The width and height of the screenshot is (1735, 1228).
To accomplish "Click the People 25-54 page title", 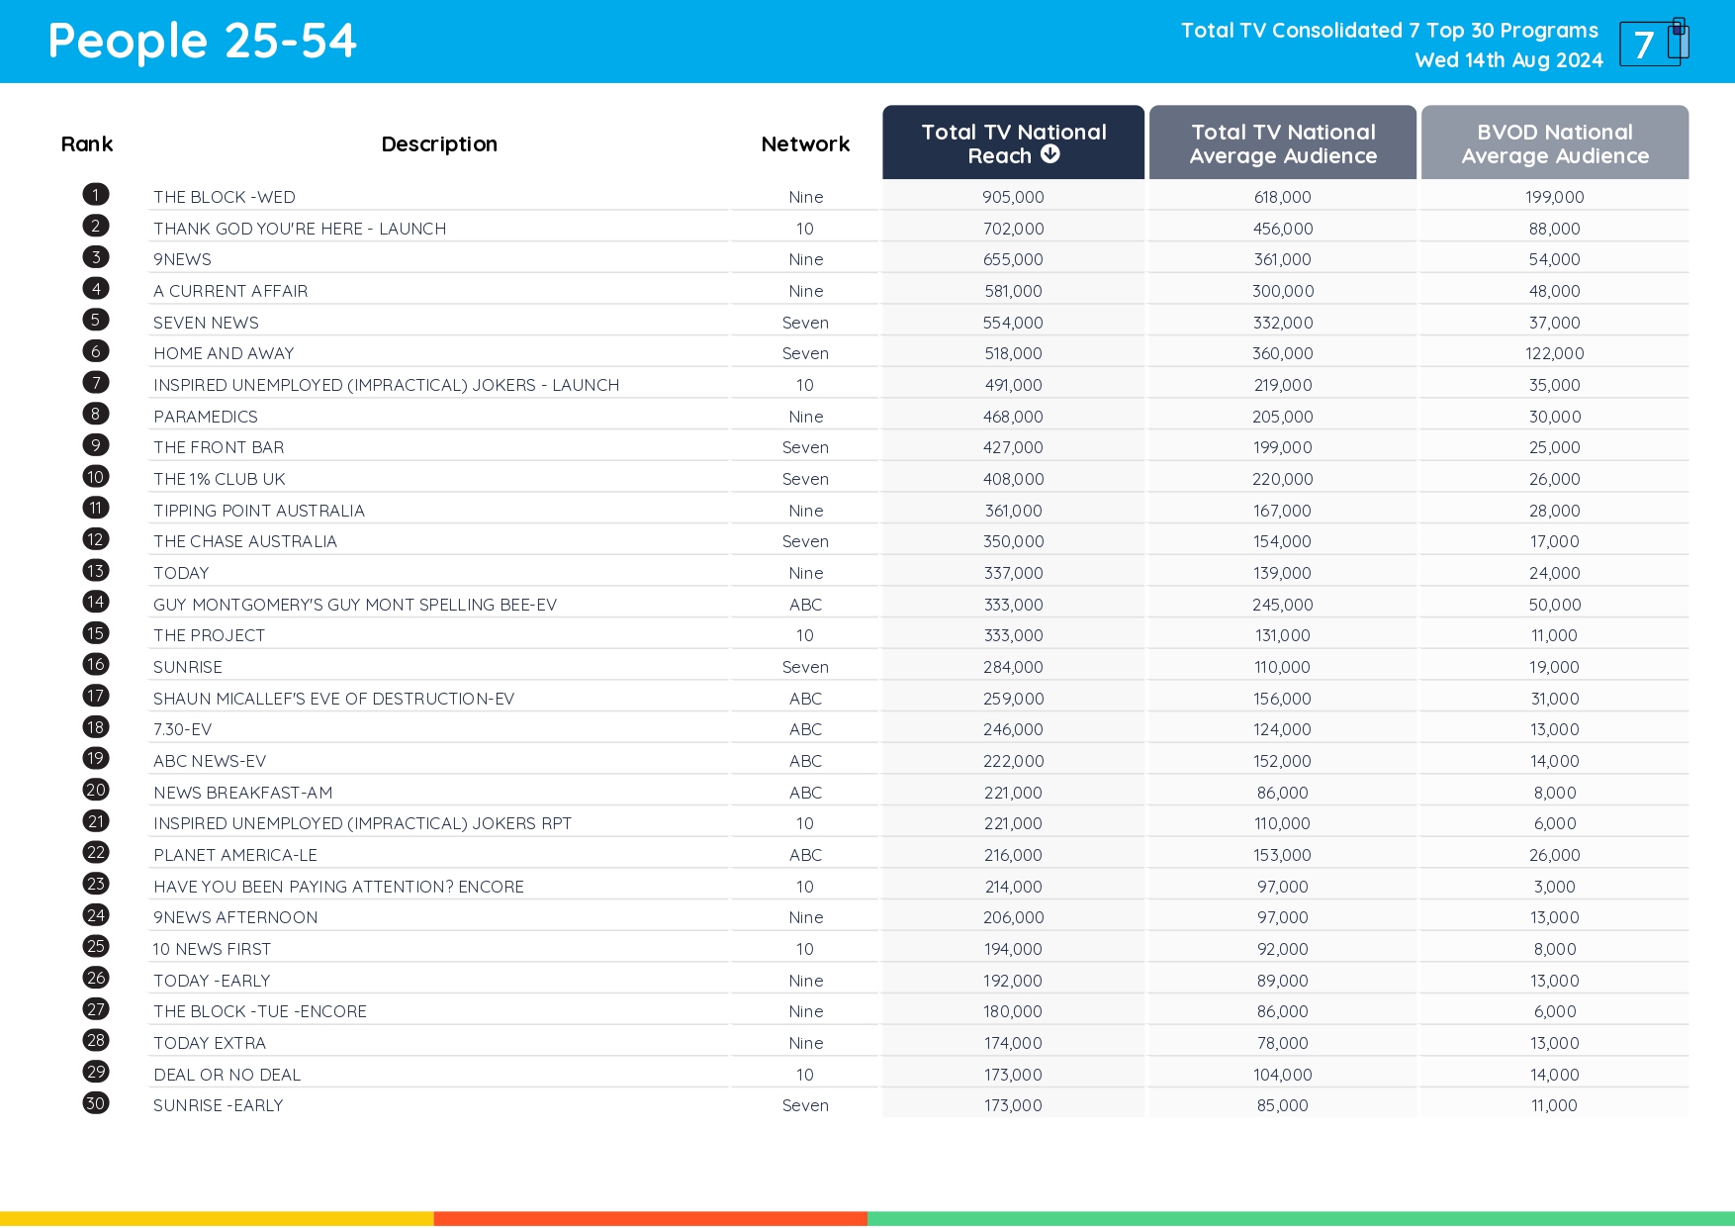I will tap(202, 42).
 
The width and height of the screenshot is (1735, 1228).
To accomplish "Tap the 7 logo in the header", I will tap(1653, 44).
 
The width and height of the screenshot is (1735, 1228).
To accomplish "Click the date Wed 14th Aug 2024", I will tap(1508, 60).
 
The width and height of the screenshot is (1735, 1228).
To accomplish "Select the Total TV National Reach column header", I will tap(1013, 143).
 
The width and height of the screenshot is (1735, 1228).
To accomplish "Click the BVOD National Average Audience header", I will tap(1554, 143).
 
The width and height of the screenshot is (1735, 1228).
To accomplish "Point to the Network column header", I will tap(805, 144).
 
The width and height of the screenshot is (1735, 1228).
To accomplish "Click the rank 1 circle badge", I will tap(96, 195).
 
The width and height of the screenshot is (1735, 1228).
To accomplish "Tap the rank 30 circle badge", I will tap(96, 1103).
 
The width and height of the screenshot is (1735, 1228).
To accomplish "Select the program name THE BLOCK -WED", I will tap(225, 197).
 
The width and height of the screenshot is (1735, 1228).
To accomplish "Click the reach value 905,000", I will tap(1013, 197).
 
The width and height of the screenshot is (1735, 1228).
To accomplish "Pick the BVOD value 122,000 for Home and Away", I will tap(1554, 353).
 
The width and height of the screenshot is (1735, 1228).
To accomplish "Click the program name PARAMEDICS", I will tap(206, 417).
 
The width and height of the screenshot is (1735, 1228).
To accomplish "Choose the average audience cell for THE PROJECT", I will tap(1282, 635).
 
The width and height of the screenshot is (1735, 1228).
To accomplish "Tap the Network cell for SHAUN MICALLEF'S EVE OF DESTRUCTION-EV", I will tap(805, 699).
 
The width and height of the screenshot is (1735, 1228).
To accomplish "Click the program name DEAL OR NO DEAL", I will tap(227, 1075).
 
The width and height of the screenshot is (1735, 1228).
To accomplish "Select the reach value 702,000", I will tap(1013, 229).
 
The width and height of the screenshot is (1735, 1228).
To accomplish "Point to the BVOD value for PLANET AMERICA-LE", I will tap(1554, 855).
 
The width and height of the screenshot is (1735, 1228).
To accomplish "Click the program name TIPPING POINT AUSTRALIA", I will tap(259, 511).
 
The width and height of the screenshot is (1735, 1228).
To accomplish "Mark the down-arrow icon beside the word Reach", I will tap(1050, 154).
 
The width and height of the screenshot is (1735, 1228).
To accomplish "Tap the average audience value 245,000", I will tap(1282, 605).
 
